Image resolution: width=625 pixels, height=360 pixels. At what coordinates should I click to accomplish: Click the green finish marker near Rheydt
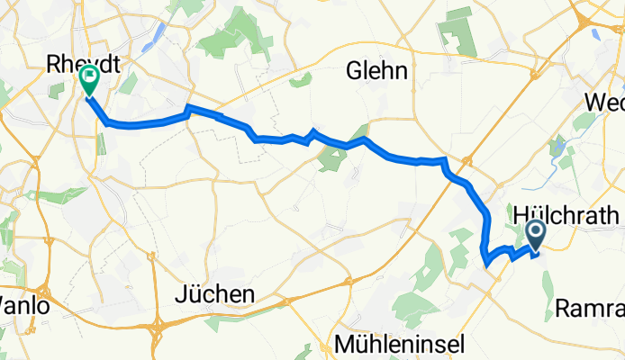tap(90, 78)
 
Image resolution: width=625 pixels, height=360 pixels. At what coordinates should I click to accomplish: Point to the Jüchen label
tap(216, 294)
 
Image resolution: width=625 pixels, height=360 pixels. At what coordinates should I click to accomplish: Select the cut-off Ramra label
tap(590, 308)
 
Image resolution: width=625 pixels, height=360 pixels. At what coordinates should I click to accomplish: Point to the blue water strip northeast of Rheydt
tap(157, 36)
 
